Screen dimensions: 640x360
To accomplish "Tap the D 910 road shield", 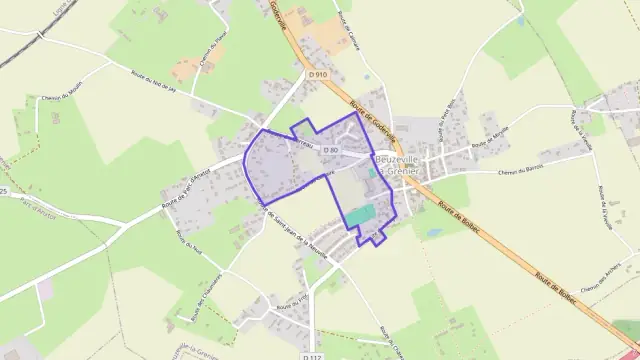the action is (319, 75).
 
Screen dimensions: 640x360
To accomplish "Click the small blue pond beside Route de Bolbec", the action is (432, 232).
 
